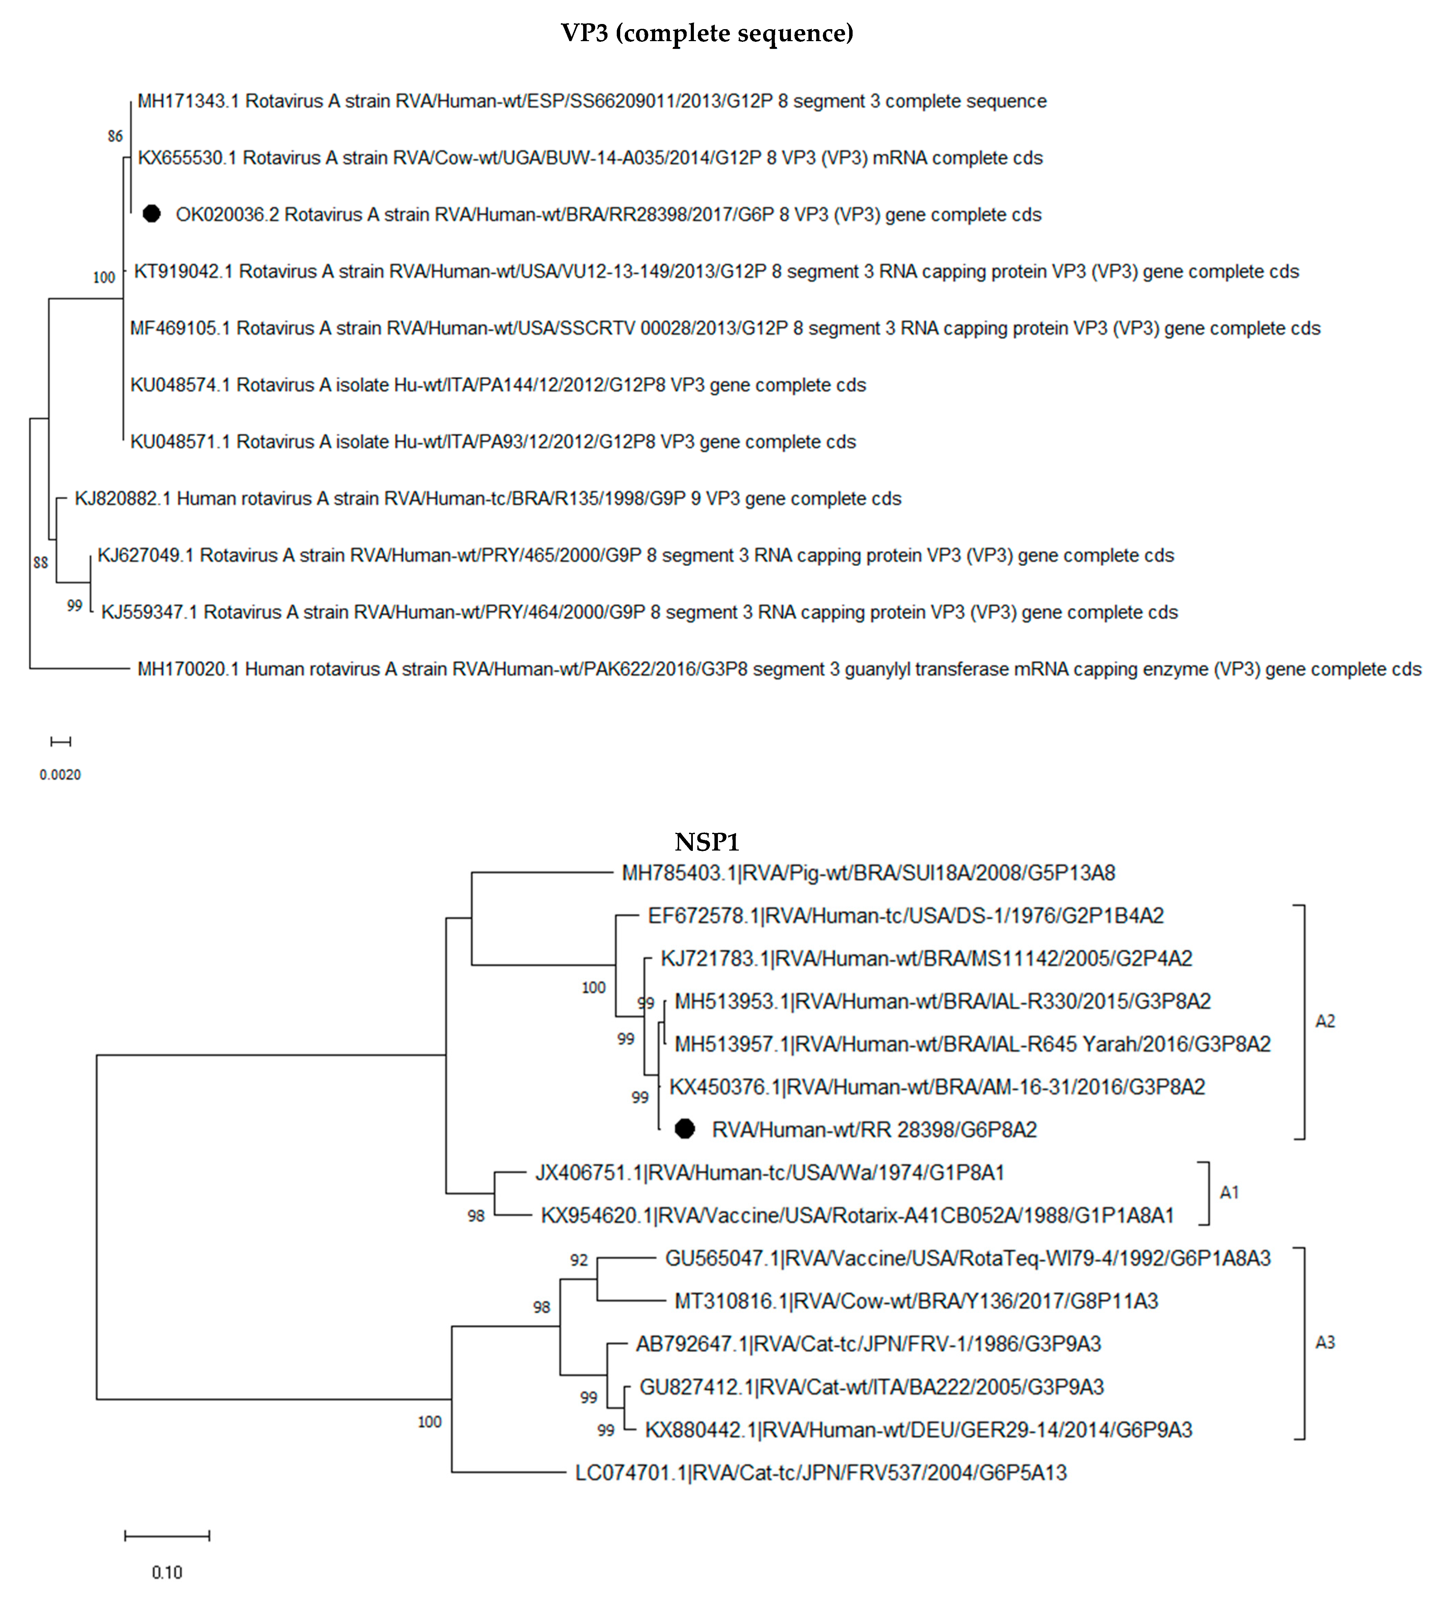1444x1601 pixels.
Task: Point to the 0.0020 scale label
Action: pos(60,774)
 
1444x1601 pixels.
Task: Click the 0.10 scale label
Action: pos(167,1572)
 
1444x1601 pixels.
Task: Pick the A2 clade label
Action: pos(1325,1021)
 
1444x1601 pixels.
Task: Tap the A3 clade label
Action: pos(1325,1343)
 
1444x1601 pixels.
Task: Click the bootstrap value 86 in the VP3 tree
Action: pos(115,136)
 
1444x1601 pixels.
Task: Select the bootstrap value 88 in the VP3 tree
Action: pos(40,563)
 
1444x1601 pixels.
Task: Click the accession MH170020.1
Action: pos(187,669)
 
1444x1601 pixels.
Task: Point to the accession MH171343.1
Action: pos(187,101)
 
